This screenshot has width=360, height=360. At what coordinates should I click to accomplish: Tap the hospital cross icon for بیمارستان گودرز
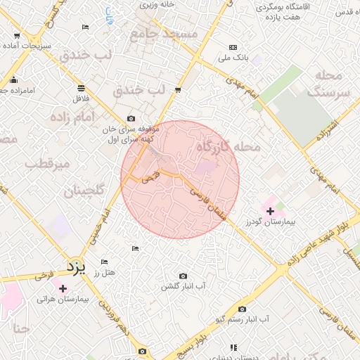tap(270, 210)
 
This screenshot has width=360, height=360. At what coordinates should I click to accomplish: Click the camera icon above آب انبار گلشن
tap(184, 276)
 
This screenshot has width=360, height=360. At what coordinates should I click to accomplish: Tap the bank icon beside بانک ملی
tap(233, 48)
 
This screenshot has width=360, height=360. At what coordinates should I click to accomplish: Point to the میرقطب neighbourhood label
tap(48, 164)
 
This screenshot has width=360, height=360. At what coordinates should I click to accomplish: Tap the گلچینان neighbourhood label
tap(85, 191)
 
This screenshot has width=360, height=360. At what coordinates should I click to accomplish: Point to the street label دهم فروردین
tap(112, 316)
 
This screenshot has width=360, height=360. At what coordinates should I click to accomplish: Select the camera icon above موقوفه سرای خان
tap(131, 119)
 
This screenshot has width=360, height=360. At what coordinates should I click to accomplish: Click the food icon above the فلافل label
tap(82, 88)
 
